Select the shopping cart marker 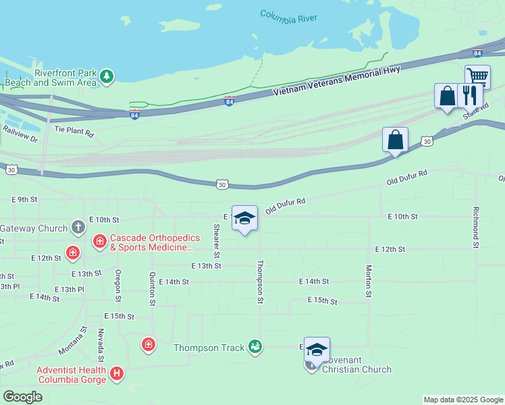coord(477,77)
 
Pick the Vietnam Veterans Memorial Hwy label coord(336,82)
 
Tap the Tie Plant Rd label coord(74,130)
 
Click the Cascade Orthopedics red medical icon coord(99,240)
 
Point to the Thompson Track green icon coord(255,347)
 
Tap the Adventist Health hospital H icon coord(117,373)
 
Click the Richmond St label coord(475,227)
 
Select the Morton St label coord(369,280)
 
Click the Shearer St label coord(217,241)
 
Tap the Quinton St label coord(153,289)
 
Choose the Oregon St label coord(118,285)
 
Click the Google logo coord(22,397)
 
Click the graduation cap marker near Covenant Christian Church coord(317,350)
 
